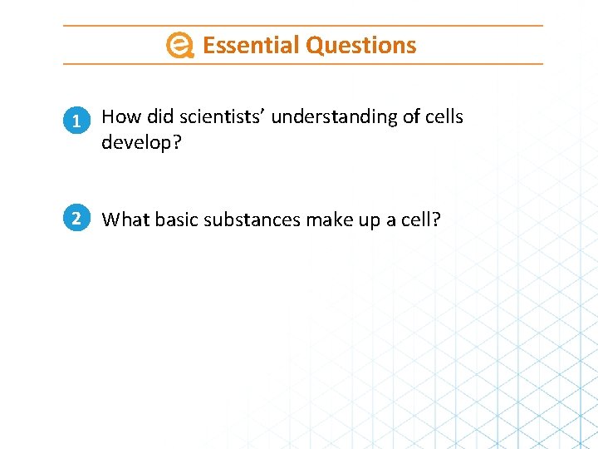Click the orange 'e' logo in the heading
[179, 46]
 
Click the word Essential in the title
[251, 45]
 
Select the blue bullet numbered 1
[76, 121]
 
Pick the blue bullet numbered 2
[76, 219]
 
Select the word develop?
[141, 143]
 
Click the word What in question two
[124, 220]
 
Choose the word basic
[175, 220]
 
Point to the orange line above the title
[303, 26]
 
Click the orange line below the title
[303, 63]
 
